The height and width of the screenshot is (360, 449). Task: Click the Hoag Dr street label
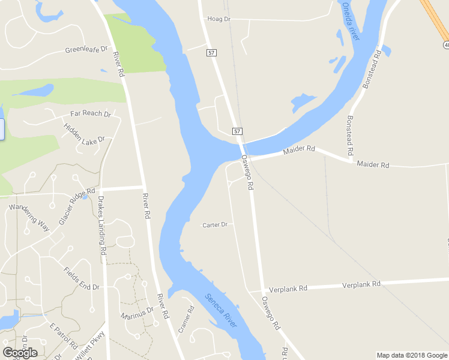tap(218, 19)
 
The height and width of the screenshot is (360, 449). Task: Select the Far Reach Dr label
tap(91, 113)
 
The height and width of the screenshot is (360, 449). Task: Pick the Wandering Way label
tap(28, 217)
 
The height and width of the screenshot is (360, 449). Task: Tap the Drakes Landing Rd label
tap(102, 227)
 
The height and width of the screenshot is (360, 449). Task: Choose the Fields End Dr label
tap(81, 278)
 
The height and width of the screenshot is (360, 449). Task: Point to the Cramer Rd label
tap(186, 320)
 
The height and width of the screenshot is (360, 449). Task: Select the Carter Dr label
tap(215, 225)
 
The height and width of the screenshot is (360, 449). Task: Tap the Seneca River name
tap(221, 310)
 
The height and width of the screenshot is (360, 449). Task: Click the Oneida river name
tap(350, 21)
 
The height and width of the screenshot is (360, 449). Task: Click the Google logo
tap(20, 352)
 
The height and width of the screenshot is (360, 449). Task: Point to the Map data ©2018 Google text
tap(411, 355)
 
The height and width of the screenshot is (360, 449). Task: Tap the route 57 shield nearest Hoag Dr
tap(211, 53)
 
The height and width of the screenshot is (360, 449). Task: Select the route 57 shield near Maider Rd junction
tap(238, 131)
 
